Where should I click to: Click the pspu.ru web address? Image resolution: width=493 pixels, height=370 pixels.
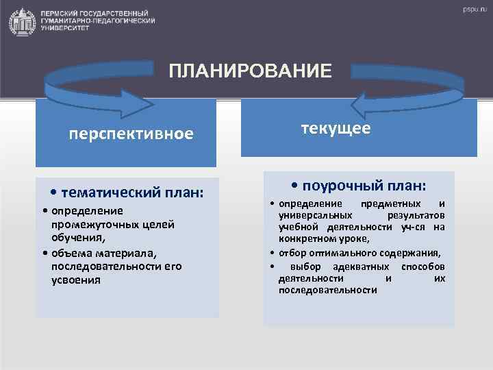tap(472, 10)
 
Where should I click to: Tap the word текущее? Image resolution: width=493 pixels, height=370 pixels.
tap(336, 128)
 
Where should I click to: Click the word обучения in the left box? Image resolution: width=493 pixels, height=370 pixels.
tap(77, 238)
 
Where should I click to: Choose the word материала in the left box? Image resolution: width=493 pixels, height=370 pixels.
tap(127, 252)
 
